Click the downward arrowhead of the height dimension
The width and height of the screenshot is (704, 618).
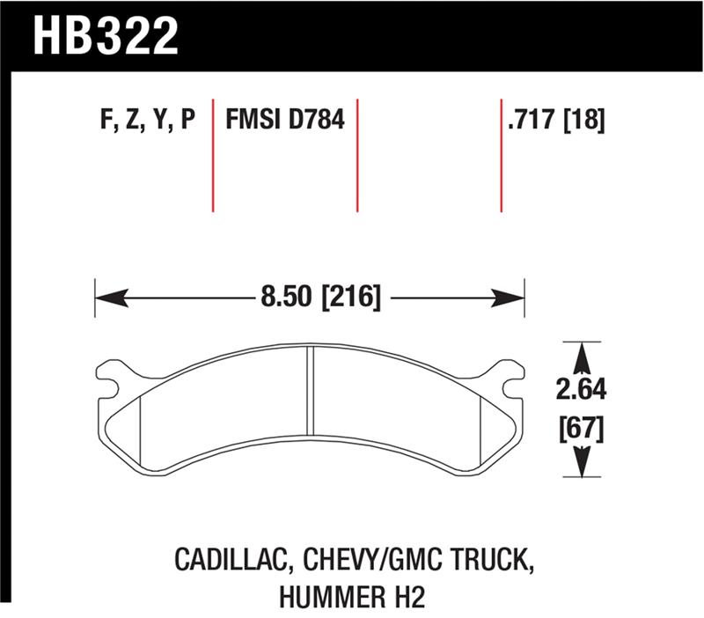(582, 461)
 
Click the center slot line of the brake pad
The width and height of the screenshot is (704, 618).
(310, 386)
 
